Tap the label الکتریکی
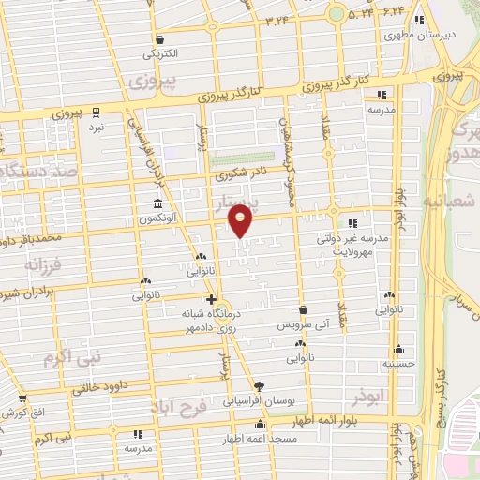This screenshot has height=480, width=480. tap(159, 54)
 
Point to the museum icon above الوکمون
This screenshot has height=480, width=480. tap(157, 203)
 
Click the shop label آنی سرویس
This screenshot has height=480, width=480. tap(303, 323)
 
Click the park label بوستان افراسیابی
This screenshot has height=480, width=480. tap(259, 400)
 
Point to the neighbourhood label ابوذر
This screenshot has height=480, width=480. tap(369, 397)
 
